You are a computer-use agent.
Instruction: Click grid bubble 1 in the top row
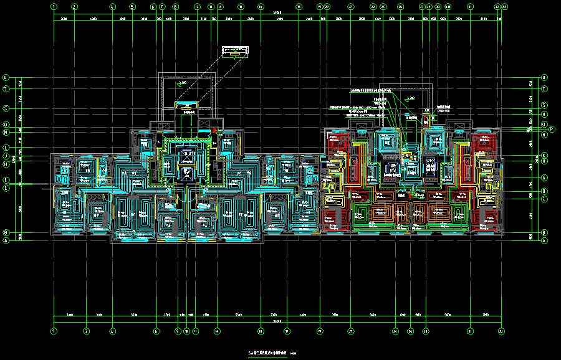coord(54,7)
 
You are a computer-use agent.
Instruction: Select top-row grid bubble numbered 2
coord(74,7)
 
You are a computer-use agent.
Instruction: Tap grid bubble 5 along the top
coord(133,7)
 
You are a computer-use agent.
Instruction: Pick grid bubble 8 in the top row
coord(175,7)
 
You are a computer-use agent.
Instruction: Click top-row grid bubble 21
coord(351,7)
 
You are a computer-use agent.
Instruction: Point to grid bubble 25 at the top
coord(400,7)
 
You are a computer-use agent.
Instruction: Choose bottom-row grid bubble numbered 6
coord(156,331)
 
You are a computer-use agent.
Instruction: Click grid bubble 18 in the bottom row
coord(261,331)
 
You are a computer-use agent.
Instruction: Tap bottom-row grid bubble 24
coord(395,331)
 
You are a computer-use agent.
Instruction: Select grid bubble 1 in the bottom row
coord(54,331)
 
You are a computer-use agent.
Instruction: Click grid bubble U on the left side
coord(6,78)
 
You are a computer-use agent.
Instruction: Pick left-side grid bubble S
coord(6,108)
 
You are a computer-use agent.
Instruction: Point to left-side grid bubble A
coord(6,240)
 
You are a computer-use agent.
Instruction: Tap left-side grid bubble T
coord(6,89)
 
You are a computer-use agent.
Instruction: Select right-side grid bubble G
coord(544,178)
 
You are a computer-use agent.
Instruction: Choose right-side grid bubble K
coord(544,154)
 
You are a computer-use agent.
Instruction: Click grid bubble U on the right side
coord(544,78)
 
